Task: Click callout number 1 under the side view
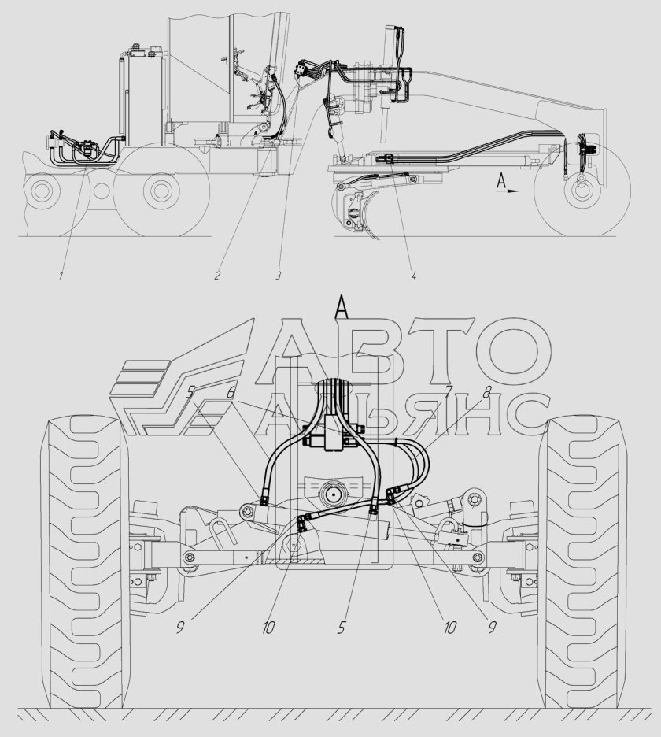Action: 61,275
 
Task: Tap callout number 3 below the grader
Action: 279,275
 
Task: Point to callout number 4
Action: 413,275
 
